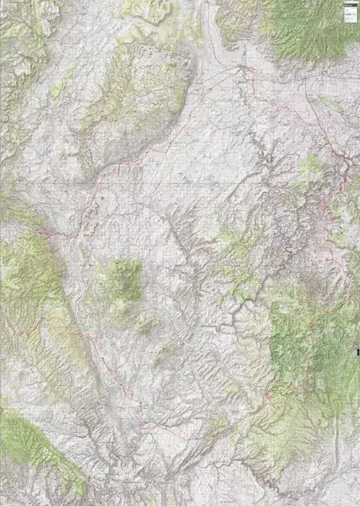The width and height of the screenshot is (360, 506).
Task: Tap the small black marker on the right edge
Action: [x=358, y=350]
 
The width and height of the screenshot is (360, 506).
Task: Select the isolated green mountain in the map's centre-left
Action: [x=122, y=278]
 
